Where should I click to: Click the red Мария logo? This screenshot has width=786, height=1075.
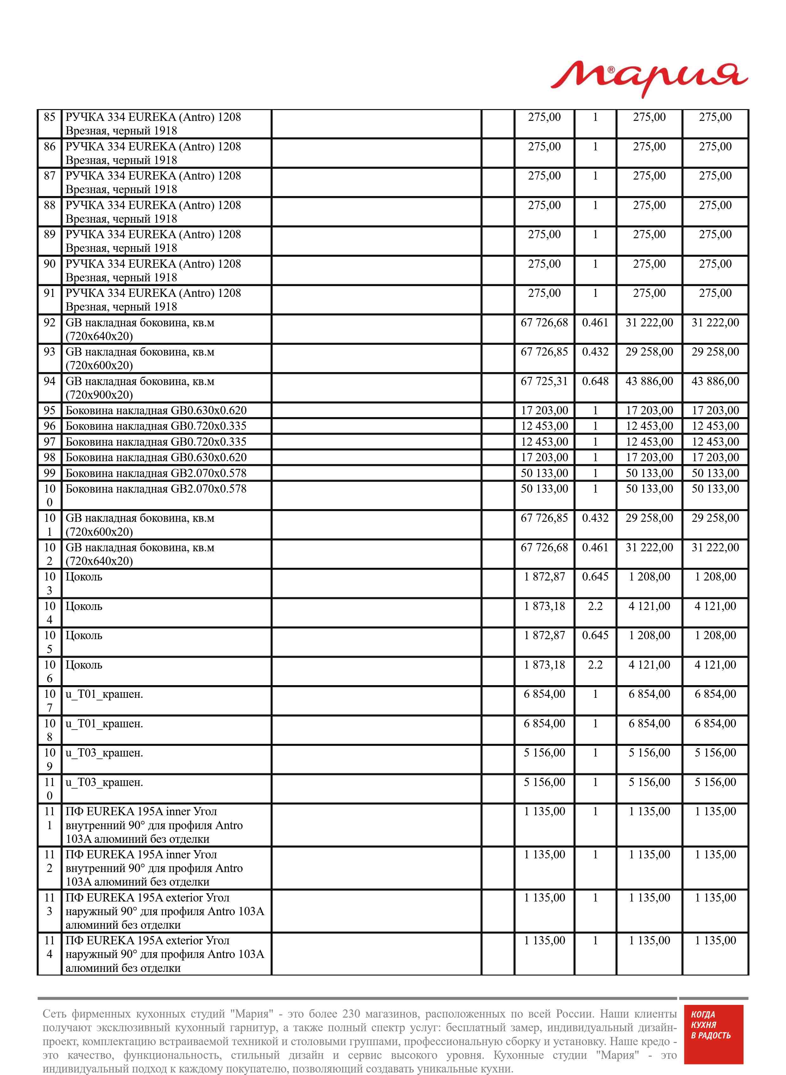[x=649, y=79]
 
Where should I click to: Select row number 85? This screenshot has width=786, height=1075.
[x=49, y=117]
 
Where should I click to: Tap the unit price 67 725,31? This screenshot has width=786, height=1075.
[x=544, y=381]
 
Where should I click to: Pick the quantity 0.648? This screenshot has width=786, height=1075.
[x=595, y=381]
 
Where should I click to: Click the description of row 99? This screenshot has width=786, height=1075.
[x=156, y=473]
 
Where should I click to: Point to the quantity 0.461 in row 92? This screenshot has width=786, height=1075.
[x=595, y=323]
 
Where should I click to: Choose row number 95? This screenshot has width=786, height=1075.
[x=49, y=410]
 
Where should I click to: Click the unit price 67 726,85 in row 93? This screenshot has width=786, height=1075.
[x=544, y=352]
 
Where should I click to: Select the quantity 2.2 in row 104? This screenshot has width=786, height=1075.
[x=595, y=606]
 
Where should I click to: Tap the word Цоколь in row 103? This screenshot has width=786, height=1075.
[x=84, y=577]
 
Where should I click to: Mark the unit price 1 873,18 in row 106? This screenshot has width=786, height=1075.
[x=544, y=665]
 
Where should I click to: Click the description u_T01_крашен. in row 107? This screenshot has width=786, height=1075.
[x=104, y=695]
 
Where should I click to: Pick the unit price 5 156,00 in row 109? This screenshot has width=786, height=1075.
[x=544, y=753]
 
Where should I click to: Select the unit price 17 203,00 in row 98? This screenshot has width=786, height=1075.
[x=544, y=457]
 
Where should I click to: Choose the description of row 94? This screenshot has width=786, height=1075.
[x=140, y=388]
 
